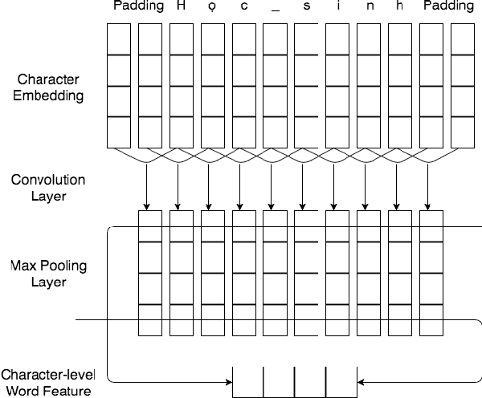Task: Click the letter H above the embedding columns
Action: click(182, 6)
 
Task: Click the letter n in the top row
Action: click(369, 6)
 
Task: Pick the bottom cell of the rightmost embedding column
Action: click(463, 132)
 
